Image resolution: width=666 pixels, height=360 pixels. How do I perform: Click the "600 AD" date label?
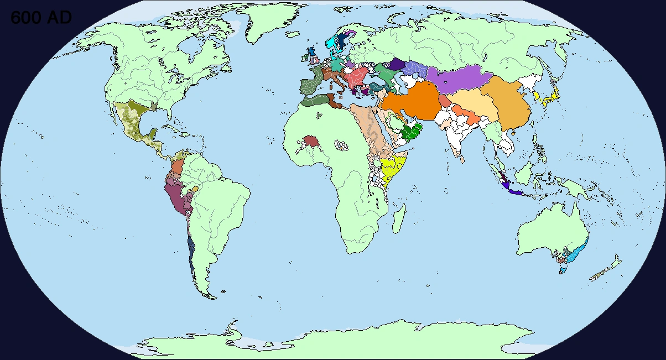click(x=41, y=18)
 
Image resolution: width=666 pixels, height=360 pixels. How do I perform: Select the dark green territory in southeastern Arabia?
click(x=412, y=133)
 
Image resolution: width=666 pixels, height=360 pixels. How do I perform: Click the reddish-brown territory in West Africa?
click(x=311, y=142)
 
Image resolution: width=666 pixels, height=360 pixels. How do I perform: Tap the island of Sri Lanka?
click(x=461, y=158)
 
